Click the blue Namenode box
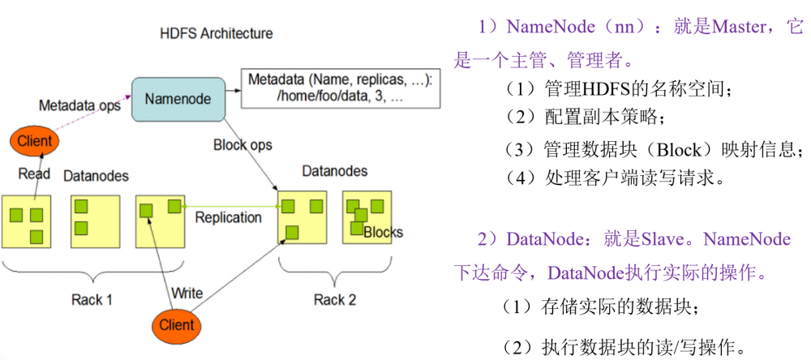point(178,99)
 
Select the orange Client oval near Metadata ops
point(33,141)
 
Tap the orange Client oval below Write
point(176,325)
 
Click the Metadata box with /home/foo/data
point(341,88)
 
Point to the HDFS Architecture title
point(215,33)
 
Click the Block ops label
point(242,145)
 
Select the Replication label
point(228,217)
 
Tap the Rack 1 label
point(92,300)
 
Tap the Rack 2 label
point(334,300)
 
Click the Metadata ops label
point(79,105)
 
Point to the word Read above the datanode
point(34,174)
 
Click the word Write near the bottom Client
point(186,292)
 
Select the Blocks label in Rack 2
point(383,233)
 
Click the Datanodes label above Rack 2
point(334,171)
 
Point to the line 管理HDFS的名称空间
point(618,88)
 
